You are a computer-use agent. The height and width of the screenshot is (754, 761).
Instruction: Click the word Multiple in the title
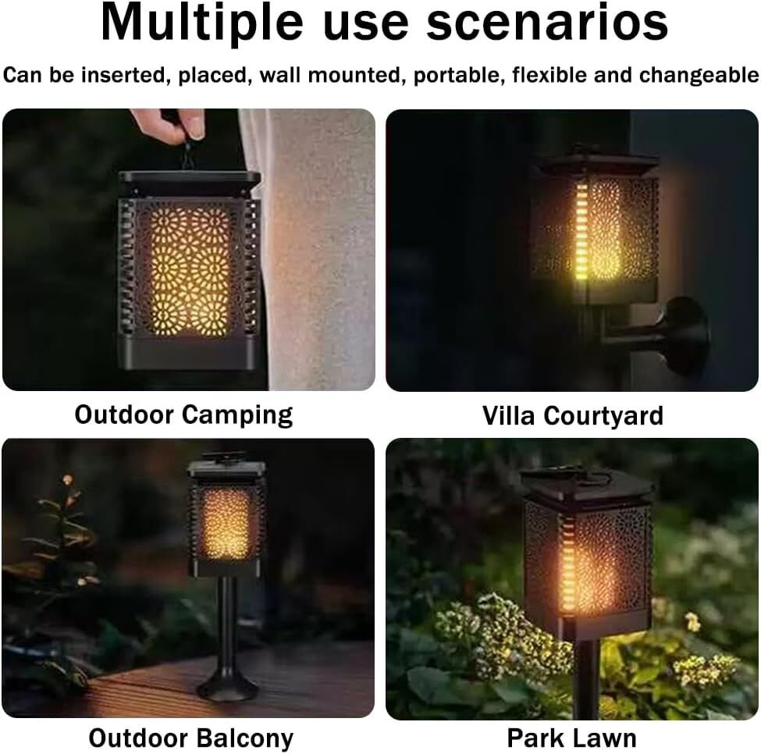click(x=202, y=23)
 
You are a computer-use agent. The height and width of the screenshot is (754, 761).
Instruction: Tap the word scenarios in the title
click(x=547, y=23)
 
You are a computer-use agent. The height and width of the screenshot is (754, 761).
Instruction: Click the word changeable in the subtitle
click(x=699, y=76)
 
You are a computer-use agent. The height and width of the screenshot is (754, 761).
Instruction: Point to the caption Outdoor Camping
click(x=183, y=415)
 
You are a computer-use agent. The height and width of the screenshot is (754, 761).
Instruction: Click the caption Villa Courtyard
click(x=573, y=416)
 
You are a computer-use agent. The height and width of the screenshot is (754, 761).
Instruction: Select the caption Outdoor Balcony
click(x=190, y=738)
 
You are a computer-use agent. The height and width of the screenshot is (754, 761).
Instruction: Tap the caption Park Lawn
click(x=571, y=738)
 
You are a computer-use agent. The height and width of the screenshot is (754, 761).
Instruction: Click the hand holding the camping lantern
click(x=170, y=125)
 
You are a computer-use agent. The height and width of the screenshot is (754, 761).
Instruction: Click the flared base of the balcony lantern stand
click(x=227, y=685)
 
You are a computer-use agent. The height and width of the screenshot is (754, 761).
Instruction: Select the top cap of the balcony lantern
click(x=226, y=468)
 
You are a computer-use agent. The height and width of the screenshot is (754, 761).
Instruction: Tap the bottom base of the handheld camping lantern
click(x=188, y=352)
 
